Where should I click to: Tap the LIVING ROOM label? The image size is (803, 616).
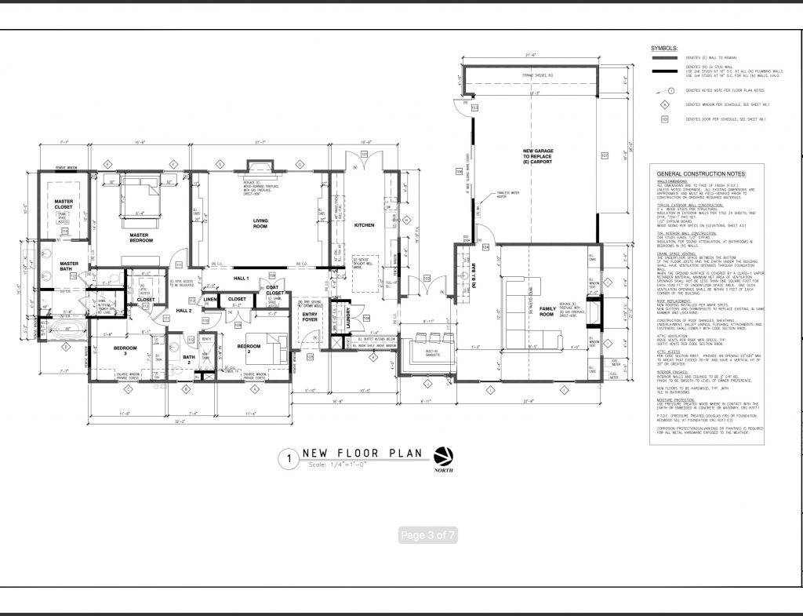(260, 224)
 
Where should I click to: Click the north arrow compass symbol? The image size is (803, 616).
(443, 456)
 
